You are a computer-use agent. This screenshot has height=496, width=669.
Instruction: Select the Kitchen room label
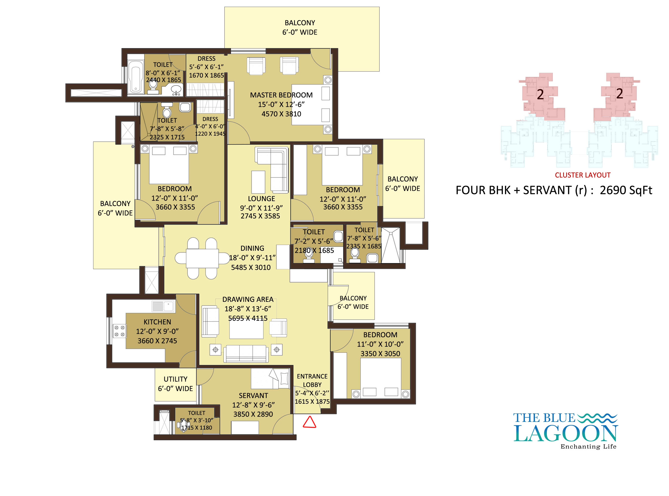coord(157,322)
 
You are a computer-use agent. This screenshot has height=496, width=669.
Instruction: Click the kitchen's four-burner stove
coord(119,331)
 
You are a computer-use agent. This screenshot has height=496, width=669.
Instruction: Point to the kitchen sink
coord(163,306)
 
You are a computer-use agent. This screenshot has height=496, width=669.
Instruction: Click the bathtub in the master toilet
coord(136,77)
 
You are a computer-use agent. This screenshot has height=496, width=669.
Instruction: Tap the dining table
coord(202,258)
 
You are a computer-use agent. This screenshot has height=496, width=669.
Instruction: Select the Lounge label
coord(261,199)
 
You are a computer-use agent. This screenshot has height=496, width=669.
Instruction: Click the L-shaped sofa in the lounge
coord(272,170)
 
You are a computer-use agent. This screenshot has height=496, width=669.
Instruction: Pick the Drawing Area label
coord(248,299)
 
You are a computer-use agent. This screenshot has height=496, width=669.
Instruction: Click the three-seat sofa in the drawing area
coord(246,353)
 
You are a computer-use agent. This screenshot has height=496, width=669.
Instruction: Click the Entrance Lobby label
coord(312,380)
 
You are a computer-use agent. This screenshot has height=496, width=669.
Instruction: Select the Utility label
coord(175,379)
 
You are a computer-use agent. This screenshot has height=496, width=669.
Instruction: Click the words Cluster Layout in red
coord(583,175)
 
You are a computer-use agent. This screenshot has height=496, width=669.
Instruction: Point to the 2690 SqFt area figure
coord(626,190)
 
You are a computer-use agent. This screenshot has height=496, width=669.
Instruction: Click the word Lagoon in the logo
coord(565,434)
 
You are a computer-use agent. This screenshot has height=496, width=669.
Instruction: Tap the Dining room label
coord(252,248)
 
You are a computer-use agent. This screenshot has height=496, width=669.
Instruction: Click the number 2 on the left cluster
coord(540,94)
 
